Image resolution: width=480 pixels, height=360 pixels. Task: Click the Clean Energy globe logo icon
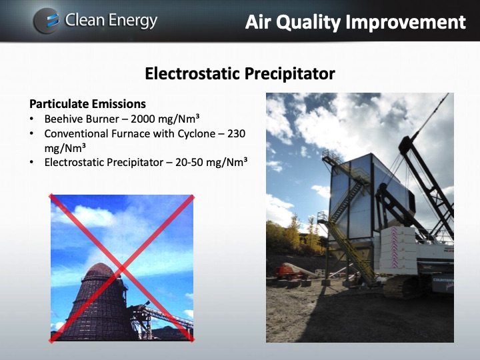[46, 21]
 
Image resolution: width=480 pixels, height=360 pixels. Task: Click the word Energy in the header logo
[130, 21]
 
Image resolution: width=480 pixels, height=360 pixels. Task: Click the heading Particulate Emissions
[87, 104]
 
